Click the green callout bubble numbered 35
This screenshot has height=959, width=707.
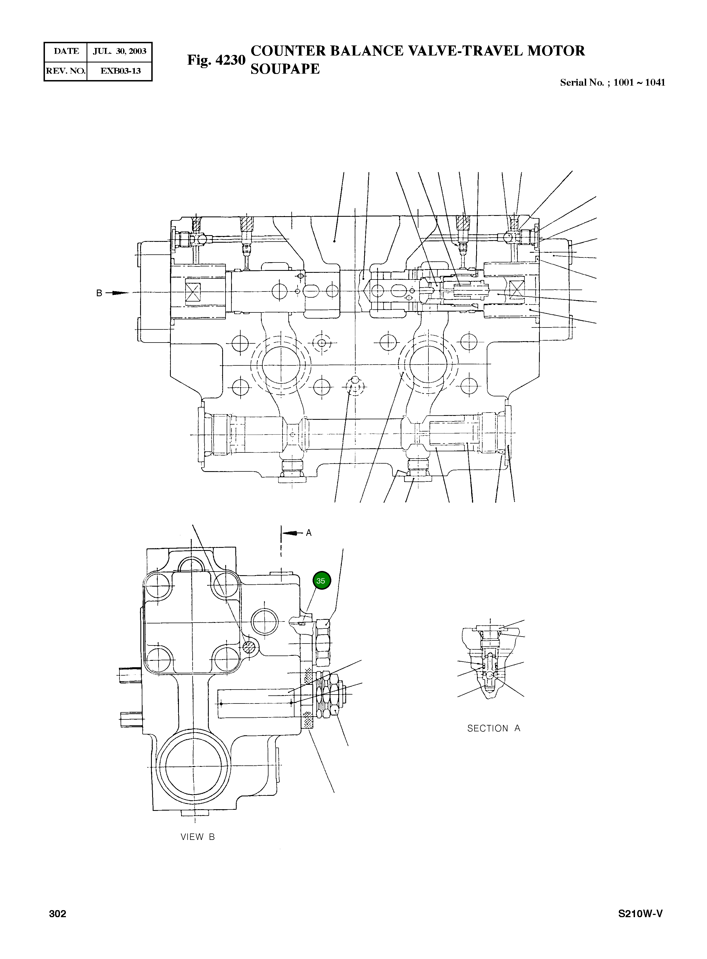[x=322, y=580]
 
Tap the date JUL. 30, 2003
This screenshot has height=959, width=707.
[x=119, y=51]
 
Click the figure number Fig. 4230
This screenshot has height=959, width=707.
[x=216, y=60]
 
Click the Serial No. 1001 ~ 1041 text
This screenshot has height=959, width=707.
[x=612, y=83]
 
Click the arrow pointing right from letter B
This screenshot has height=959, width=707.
[x=118, y=293]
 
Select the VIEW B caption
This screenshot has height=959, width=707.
[x=197, y=837]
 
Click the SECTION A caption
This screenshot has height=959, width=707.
[x=493, y=728]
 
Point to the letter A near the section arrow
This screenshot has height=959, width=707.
[x=309, y=533]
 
